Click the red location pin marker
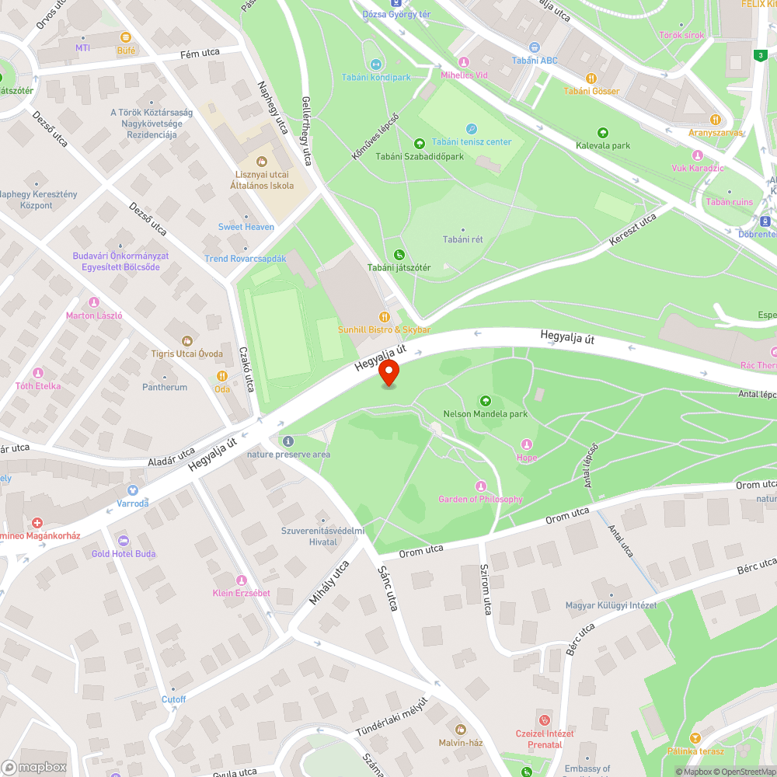[388, 374]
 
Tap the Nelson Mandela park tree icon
[486, 401]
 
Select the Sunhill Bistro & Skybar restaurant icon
[384, 316]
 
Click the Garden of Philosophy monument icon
[480, 486]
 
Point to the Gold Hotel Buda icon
[123, 541]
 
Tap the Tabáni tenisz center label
[472, 141]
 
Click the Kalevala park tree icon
[603, 133]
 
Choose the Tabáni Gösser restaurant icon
[591, 78]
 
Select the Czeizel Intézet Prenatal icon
[544, 720]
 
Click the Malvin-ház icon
[460, 730]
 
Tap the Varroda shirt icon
[132, 490]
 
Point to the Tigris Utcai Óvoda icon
[186, 341]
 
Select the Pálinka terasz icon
[695, 738]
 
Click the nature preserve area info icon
[288, 441]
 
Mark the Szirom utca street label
[485, 590]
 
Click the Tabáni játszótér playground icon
[399, 255]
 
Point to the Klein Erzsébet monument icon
[241, 580]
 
